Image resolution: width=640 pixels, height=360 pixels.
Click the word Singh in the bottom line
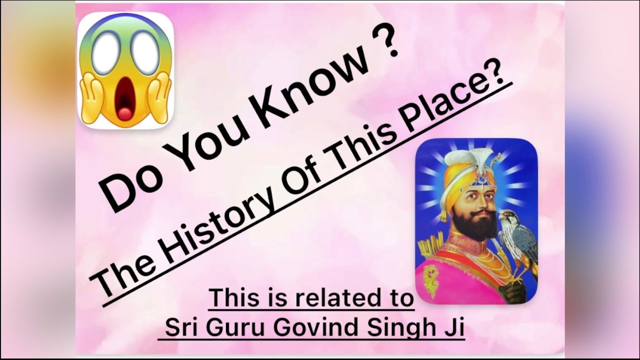(x=398, y=328)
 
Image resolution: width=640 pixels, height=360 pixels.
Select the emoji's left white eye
(x=106, y=53)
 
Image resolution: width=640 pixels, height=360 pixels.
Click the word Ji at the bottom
(x=454, y=328)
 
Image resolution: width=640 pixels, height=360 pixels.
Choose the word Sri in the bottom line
(x=182, y=328)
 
